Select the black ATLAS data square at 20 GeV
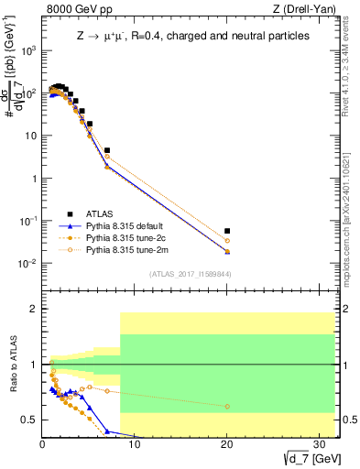227,231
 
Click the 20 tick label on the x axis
227,446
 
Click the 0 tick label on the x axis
42,446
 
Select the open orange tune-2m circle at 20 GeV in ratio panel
227,406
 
